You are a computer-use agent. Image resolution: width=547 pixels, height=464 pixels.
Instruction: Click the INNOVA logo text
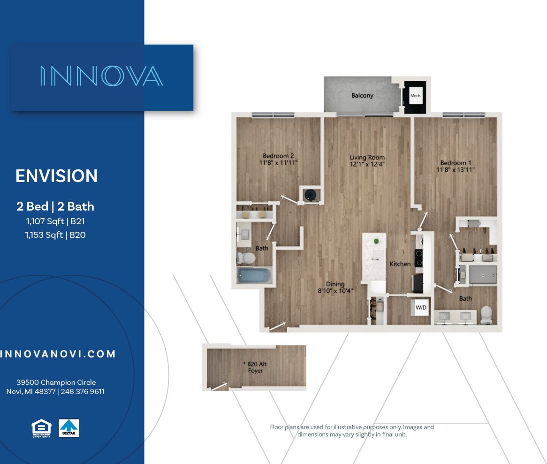tap(101, 76)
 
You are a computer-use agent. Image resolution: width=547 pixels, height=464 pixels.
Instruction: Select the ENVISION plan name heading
tap(56, 176)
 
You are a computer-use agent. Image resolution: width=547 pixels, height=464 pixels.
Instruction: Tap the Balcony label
tap(362, 95)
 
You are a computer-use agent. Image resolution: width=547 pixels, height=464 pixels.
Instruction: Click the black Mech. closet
tap(416, 96)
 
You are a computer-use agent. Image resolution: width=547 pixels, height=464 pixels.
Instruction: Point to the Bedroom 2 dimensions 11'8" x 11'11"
tap(278, 163)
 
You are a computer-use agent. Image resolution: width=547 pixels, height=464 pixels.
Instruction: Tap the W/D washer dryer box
tap(421, 308)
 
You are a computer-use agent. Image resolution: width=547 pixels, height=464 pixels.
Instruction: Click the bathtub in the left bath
tap(254, 275)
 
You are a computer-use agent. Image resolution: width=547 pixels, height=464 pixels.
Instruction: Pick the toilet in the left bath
tap(245, 258)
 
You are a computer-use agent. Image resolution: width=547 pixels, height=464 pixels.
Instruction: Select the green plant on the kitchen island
tap(376, 241)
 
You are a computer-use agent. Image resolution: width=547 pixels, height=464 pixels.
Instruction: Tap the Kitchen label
tap(400, 264)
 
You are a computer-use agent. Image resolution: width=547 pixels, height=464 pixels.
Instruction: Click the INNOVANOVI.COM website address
tap(58, 354)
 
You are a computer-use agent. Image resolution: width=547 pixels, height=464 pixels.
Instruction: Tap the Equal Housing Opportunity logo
tap(41, 428)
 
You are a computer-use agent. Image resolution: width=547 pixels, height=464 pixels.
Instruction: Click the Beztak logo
tap(69, 428)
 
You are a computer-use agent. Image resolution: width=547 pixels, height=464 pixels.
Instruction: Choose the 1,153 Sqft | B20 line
tap(55, 235)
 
